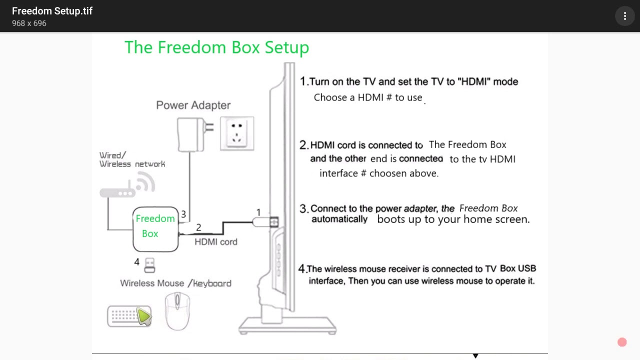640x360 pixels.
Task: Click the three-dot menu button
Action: tap(624, 16)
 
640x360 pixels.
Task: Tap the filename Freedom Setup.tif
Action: tap(52, 11)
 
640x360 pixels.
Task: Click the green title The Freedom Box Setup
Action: tap(216, 47)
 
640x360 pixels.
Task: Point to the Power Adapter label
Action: tap(193, 105)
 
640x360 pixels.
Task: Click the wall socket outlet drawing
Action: tap(237, 133)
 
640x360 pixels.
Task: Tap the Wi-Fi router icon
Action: tap(127, 187)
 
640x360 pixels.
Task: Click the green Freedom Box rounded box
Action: tap(155, 228)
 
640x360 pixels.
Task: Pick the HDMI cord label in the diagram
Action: tap(216, 242)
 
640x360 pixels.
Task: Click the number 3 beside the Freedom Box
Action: tap(183, 214)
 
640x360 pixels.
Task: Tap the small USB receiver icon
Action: tap(149, 265)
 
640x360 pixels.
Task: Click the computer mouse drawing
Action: tap(177, 311)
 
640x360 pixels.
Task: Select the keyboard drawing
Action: tap(128, 316)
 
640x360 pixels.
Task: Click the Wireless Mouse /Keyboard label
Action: tap(175, 283)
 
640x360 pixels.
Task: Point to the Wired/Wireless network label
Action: tap(132, 160)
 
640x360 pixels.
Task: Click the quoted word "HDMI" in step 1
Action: tap(474, 81)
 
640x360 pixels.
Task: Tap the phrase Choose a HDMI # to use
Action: tap(367, 97)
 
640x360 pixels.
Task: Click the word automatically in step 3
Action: tap(339, 219)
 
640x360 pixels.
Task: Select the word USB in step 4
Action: tap(527, 268)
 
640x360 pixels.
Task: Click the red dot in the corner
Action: tap(622, 342)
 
